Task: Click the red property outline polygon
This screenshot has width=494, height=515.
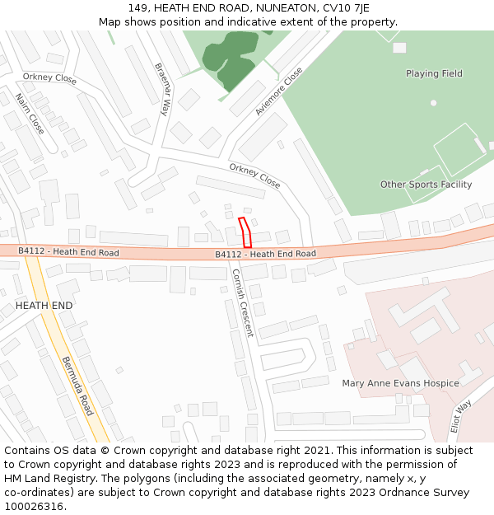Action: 245,233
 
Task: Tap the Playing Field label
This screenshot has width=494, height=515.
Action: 434,73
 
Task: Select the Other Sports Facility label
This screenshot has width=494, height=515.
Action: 426,185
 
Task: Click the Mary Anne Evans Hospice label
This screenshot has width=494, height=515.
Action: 400,383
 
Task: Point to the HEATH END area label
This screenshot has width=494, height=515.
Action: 44,306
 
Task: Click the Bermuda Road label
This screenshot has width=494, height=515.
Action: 77,386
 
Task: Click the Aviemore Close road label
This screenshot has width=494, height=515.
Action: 278,91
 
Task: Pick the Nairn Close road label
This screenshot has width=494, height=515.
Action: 30,114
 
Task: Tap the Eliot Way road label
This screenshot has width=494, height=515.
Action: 460,418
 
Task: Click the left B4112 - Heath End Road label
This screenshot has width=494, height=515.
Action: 68,252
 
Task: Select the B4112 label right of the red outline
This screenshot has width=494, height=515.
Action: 265,254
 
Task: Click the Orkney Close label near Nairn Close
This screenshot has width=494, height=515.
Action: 49,79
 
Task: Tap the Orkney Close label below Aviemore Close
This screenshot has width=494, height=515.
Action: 254,175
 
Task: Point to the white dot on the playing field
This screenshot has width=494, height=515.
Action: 433,103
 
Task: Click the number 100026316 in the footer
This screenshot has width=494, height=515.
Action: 35,506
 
